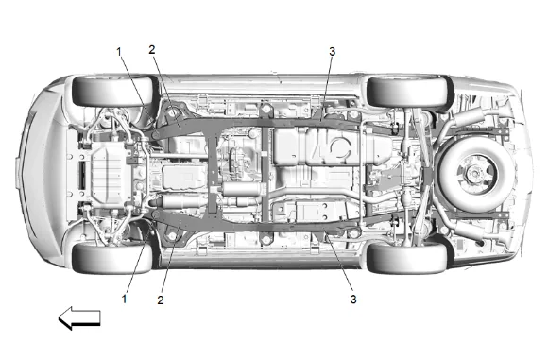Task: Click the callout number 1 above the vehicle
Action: (x=119, y=52)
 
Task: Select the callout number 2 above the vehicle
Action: (x=152, y=50)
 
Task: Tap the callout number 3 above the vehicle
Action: (x=332, y=52)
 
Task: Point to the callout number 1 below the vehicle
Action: (x=124, y=299)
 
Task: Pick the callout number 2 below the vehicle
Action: (x=161, y=300)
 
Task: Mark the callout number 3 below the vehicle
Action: (x=353, y=300)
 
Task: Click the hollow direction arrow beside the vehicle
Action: (x=79, y=318)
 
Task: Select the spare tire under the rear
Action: (x=474, y=173)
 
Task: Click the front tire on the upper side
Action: (x=112, y=91)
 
